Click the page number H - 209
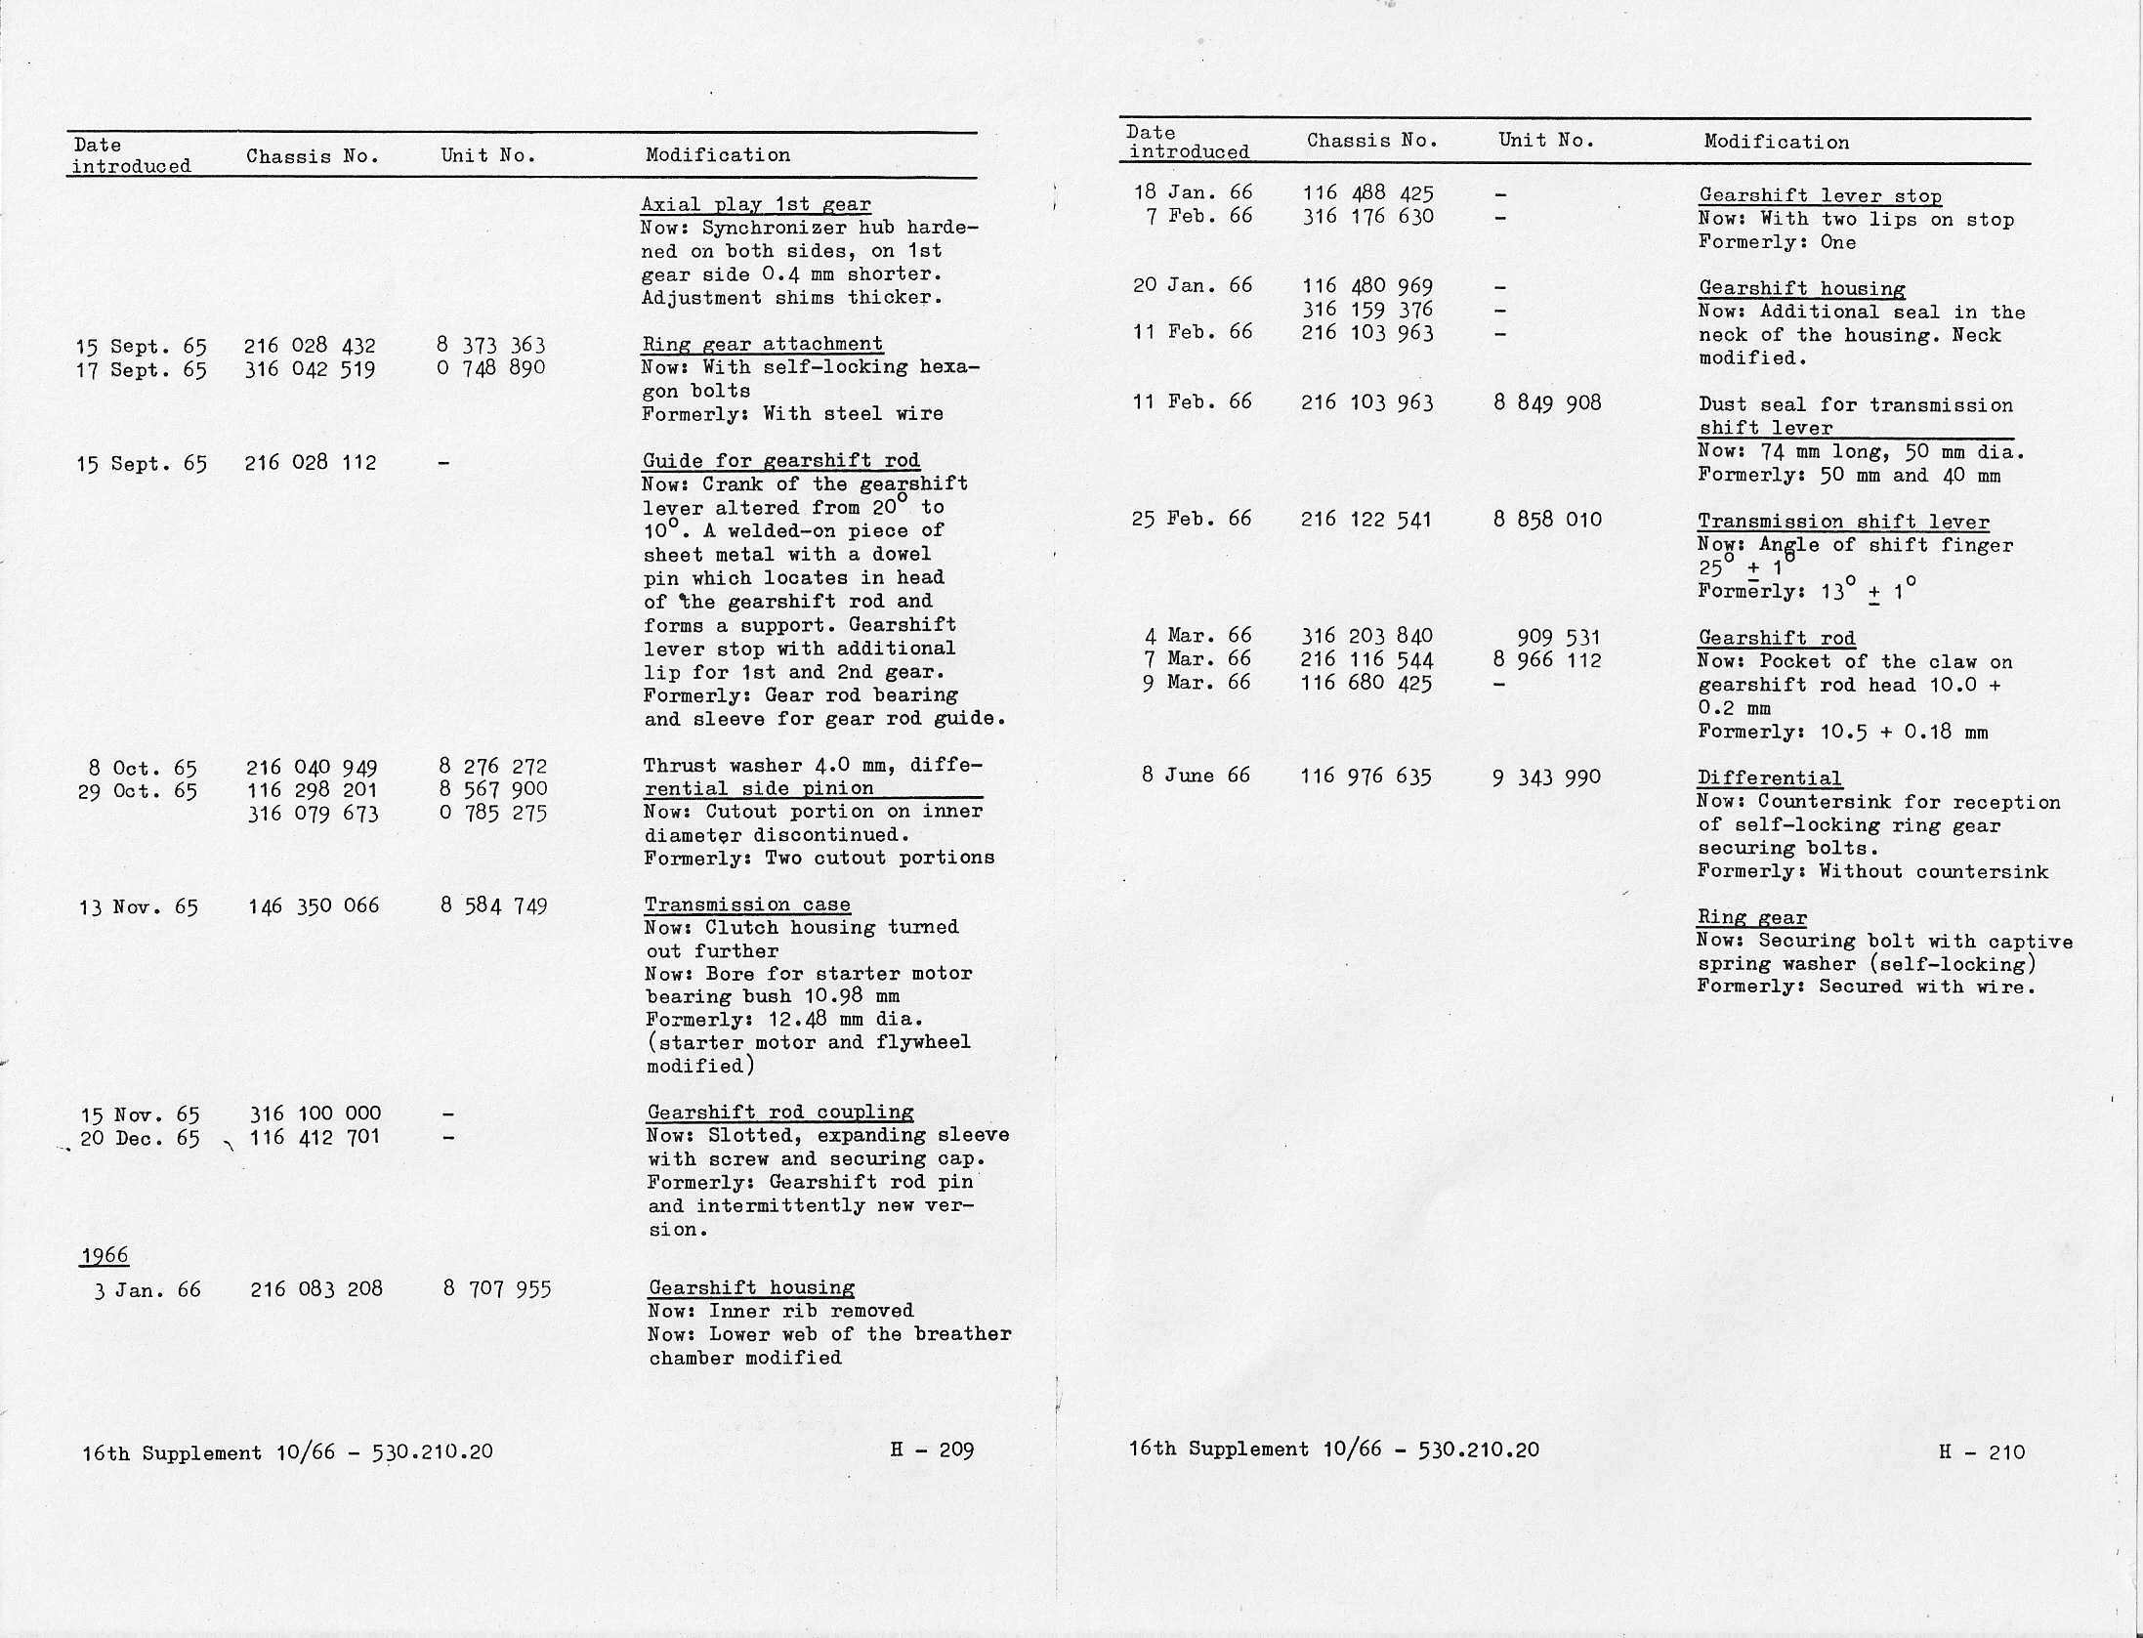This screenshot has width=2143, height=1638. [x=932, y=1450]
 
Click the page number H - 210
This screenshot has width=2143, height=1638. [x=1982, y=1452]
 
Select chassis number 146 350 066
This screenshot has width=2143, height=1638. [x=314, y=906]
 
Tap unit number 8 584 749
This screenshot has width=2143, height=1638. [x=493, y=906]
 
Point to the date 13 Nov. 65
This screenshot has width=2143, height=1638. [x=139, y=908]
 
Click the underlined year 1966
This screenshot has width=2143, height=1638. [x=105, y=1256]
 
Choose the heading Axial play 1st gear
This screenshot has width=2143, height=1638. [x=756, y=205]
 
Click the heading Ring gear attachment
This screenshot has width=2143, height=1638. [x=763, y=344]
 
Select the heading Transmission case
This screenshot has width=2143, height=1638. [x=747, y=905]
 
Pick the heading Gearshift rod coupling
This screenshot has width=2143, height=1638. [x=780, y=1113]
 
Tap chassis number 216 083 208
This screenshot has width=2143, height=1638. [x=316, y=1289]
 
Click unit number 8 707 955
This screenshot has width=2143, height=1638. [x=497, y=1289]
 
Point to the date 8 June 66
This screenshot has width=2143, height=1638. [x=1196, y=776]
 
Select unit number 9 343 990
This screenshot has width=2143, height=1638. [x=1546, y=777]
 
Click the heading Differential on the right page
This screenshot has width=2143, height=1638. [x=1770, y=778]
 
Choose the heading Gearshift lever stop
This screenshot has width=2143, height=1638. [x=1820, y=196]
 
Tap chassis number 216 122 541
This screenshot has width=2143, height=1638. [x=1366, y=520]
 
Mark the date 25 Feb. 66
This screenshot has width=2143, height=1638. [x=1192, y=520]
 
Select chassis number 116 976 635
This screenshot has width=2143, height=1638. [x=1366, y=777]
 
